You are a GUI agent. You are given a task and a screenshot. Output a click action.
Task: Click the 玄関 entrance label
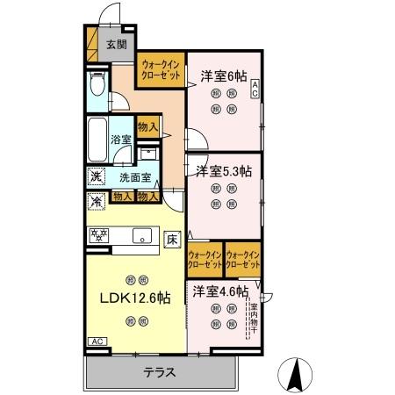[x=116, y=44]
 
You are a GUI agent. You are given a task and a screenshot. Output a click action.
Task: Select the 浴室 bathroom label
[x=120, y=139]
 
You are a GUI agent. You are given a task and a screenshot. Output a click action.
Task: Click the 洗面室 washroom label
[x=134, y=177]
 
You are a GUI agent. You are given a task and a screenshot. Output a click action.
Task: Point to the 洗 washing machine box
[x=96, y=176]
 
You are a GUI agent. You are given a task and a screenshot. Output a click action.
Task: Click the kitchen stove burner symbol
[x=98, y=234]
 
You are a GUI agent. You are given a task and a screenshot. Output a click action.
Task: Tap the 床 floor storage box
[x=172, y=238]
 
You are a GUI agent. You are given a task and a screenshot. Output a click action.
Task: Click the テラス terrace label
[x=161, y=372]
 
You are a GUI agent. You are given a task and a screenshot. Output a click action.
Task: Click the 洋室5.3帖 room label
[x=223, y=170]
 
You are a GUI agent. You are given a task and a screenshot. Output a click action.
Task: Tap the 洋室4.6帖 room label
[x=219, y=291]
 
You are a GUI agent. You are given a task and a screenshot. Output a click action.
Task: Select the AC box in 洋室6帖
[x=255, y=87]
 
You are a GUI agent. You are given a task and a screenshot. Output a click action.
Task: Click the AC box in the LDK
[x=96, y=341]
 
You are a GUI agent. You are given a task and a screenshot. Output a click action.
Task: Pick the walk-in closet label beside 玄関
[x=161, y=70]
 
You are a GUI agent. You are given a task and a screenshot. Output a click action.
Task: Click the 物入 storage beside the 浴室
[x=148, y=127]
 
